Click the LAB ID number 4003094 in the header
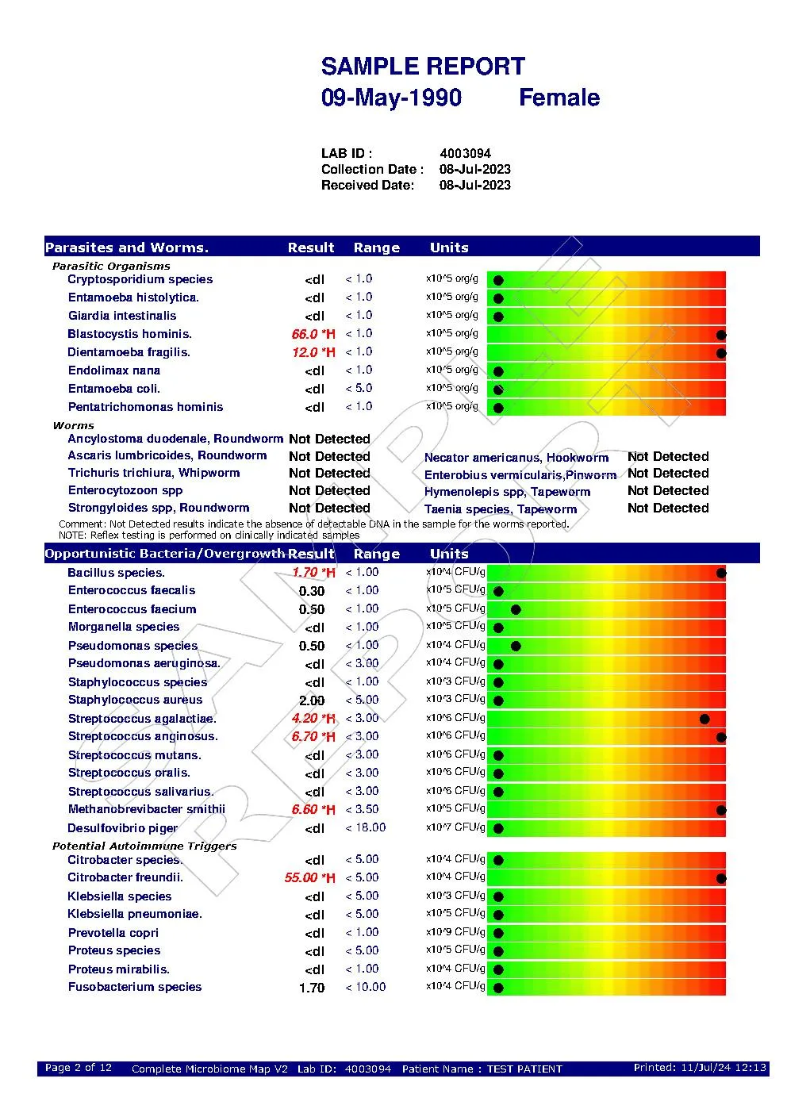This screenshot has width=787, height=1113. [465, 153]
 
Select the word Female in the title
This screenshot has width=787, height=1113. [559, 98]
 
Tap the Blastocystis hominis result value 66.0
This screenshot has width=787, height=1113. [305, 334]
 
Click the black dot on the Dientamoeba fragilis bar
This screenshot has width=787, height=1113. [721, 353]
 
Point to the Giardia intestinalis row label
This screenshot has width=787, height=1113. [122, 316]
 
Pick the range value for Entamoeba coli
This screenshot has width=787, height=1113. [359, 388]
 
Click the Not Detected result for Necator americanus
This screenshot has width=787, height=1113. [668, 456]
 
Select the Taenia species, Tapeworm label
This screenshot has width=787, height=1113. [500, 509]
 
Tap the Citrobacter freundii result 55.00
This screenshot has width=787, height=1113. [301, 877]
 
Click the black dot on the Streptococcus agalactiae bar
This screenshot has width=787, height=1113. [704, 720]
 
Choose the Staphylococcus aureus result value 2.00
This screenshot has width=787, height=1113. [312, 700]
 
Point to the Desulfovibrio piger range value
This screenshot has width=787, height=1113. [366, 827]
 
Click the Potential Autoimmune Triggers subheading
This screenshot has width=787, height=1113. [144, 846]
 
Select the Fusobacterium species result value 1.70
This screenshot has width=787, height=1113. [312, 988]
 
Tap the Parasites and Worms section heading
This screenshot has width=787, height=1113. [127, 248]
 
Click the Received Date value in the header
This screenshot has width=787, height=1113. [474, 185]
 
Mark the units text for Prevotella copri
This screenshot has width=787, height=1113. [455, 932]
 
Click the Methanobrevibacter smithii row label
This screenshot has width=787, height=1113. [147, 809]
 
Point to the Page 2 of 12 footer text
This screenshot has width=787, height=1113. [79, 1068]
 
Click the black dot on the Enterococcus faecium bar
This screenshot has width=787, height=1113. [516, 609]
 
